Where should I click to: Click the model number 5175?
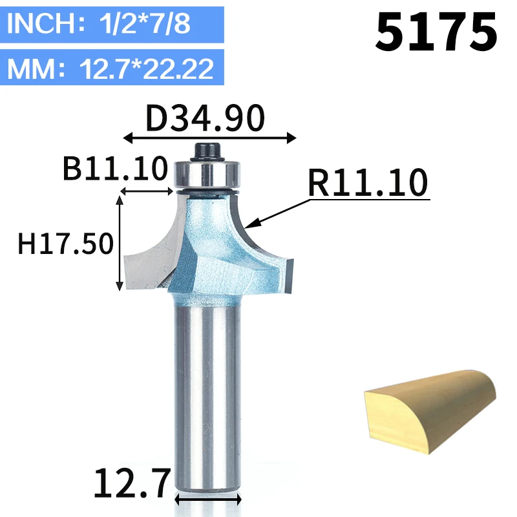(436, 32)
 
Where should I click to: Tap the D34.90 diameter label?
(205, 118)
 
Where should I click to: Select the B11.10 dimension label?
(115, 168)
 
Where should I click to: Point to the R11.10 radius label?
(368, 182)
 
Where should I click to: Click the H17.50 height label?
(66, 244)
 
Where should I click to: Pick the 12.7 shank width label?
(132, 483)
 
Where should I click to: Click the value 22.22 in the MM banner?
(178, 69)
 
